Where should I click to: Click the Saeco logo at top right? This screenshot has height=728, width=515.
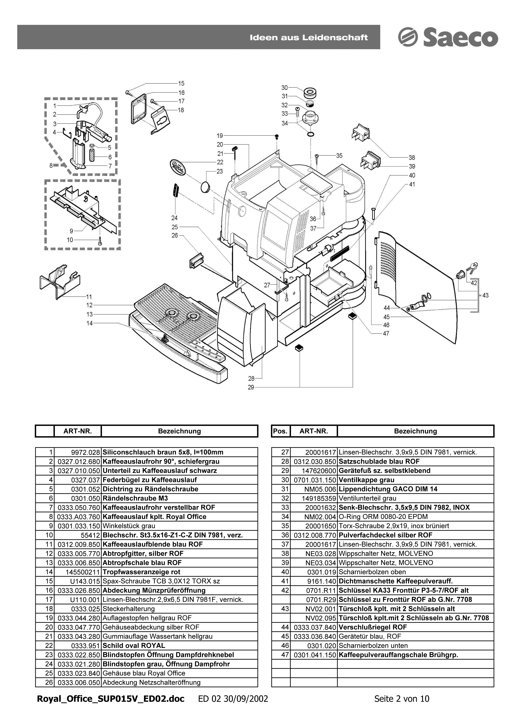pyautogui.click(x=448, y=37)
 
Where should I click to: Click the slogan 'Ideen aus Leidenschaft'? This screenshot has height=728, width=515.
pyautogui.click(x=309, y=37)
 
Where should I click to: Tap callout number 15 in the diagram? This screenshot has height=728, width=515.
pyautogui.click(x=181, y=83)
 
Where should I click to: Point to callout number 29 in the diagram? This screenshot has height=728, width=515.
pyautogui.click(x=251, y=387)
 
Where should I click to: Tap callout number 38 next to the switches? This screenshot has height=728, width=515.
pyautogui.click(x=412, y=158)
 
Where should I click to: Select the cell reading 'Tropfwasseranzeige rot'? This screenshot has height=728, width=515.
pyautogui.click(x=141, y=572)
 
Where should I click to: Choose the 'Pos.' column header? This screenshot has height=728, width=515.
pyautogui.click(x=280, y=431)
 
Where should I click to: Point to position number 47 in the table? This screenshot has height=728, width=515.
pyautogui.click(x=285, y=655)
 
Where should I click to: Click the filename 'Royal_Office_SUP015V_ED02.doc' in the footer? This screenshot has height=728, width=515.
pyautogui.click(x=111, y=707)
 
